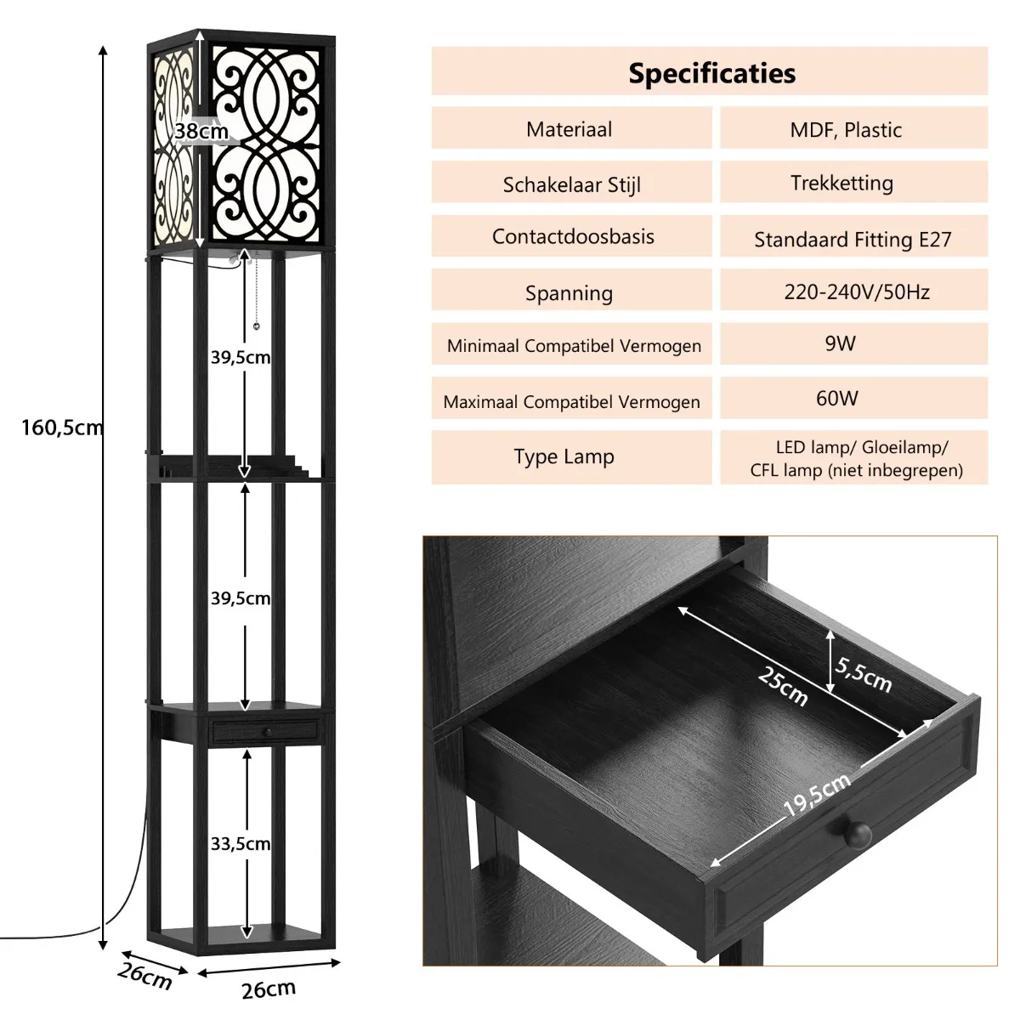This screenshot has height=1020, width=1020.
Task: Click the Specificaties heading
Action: point(711,73)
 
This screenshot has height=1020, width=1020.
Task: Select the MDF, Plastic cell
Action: point(853,128)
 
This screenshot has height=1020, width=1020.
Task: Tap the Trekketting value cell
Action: point(853,182)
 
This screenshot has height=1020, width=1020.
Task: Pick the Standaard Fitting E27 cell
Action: point(853,236)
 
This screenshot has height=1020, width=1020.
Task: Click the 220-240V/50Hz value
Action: point(857,292)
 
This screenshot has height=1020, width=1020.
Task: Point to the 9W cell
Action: point(853,343)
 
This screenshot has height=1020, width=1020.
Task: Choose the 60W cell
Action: point(853,398)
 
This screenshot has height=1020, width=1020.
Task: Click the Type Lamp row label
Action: point(564,456)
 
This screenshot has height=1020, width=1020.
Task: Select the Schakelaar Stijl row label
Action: point(572,184)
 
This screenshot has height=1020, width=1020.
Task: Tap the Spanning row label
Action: point(569,292)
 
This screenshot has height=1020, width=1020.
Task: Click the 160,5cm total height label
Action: point(62,428)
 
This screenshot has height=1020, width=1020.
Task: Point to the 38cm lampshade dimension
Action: point(201,131)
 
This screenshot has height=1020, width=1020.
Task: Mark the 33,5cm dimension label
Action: point(241,843)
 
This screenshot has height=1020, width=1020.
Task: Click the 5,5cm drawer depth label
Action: point(864,674)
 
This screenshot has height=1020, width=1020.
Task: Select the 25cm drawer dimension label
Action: point(783,685)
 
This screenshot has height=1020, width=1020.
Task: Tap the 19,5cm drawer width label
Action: point(817,794)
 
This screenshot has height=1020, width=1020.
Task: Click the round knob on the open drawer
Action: point(857,836)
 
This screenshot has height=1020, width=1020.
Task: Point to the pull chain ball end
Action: point(257,326)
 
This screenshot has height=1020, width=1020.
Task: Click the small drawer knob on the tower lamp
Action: point(268,732)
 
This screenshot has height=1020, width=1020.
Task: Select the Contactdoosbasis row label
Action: point(573,236)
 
